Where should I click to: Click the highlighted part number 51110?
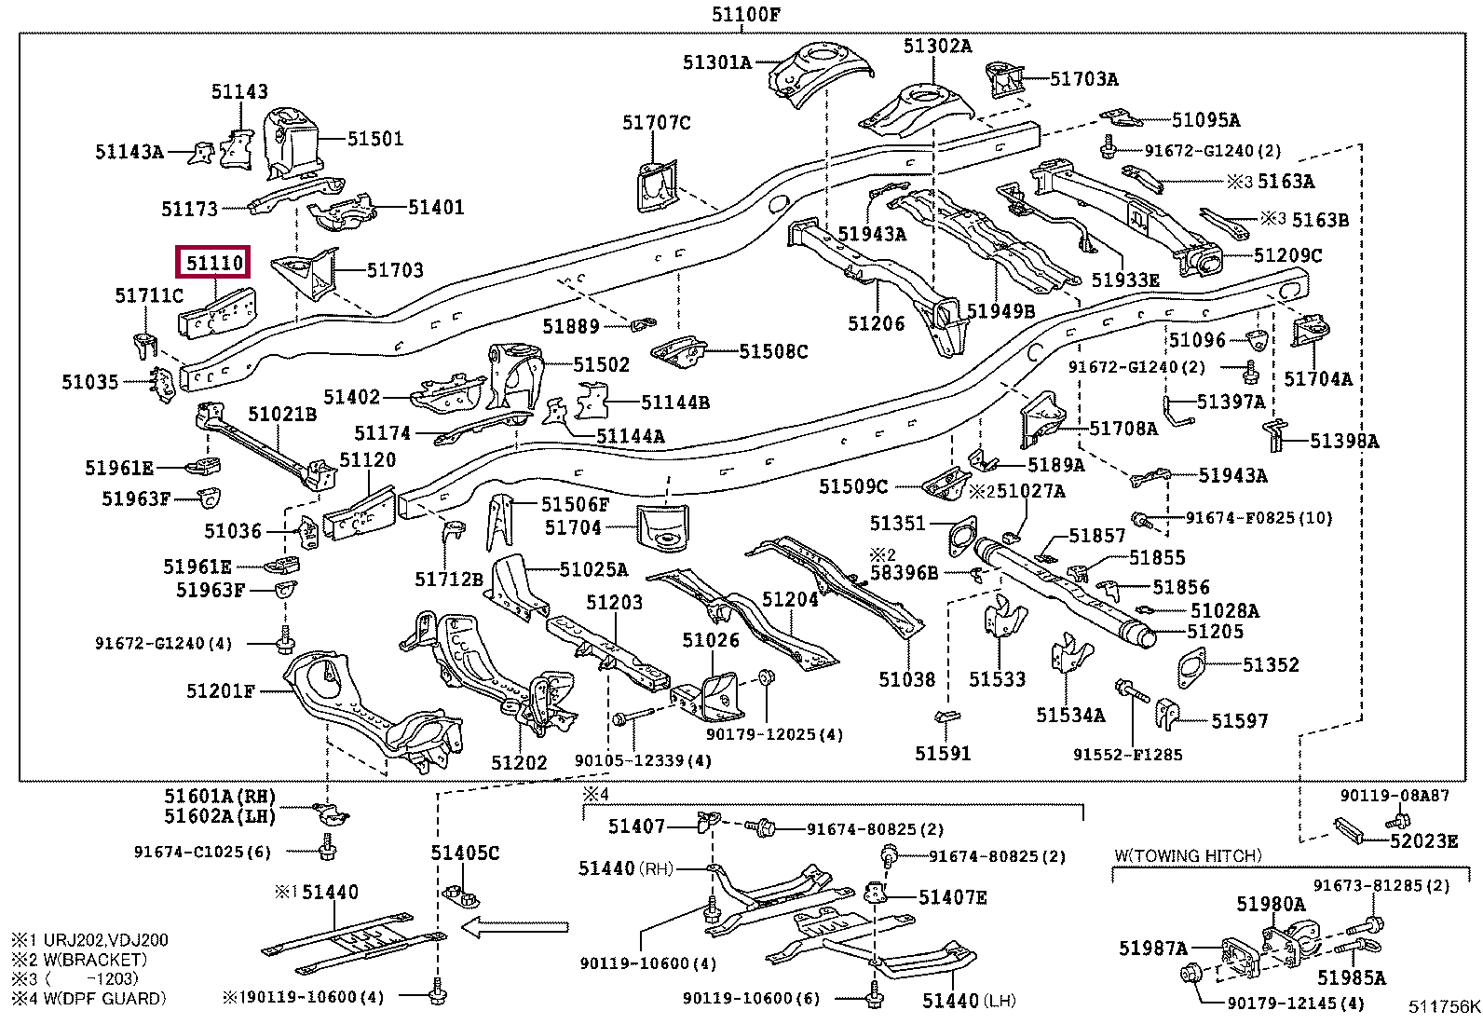(214, 263)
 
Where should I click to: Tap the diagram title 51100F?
(746, 14)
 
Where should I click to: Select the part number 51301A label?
(716, 62)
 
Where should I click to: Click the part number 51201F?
(221, 690)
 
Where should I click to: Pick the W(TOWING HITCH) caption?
(1188, 855)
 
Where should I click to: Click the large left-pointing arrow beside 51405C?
(515, 926)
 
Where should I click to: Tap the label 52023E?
(1423, 841)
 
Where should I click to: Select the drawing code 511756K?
(1444, 1006)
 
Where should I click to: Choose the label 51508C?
(773, 351)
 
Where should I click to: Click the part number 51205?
(1215, 632)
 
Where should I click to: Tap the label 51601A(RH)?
(220, 797)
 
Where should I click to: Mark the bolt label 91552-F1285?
(1127, 754)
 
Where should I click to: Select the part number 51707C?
(657, 123)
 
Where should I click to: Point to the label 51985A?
(1351, 977)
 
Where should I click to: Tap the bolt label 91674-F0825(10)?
(1259, 518)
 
